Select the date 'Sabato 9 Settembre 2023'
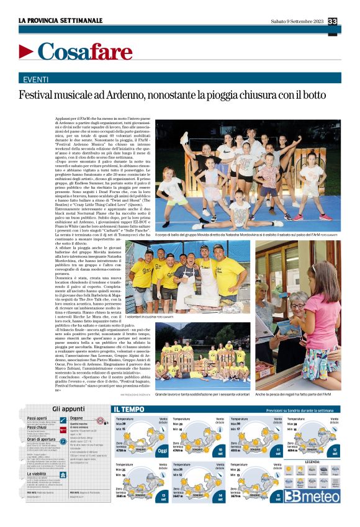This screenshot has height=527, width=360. pyautogui.click(x=297, y=22)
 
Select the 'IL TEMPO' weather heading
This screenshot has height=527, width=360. pyautogui.click(x=129, y=410)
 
